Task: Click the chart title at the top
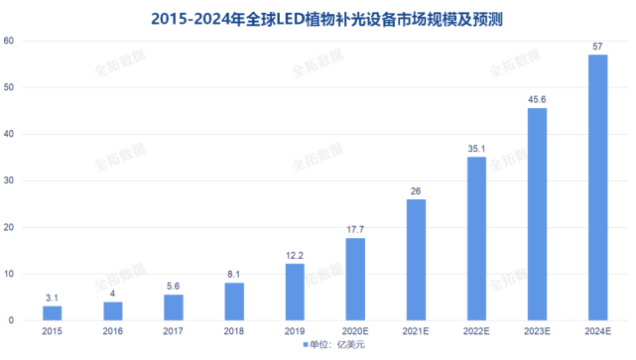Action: click(x=318, y=18)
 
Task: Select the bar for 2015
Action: click(x=53, y=313)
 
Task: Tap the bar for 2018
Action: click(x=233, y=301)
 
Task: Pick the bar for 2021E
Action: click(x=416, y=260)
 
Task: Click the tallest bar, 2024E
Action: click(x=597, y=187)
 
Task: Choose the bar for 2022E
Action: click(x=476, y=239)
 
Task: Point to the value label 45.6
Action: click(x=537, y=99)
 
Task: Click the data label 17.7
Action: click(x=355, y=229)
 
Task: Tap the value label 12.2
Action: click(x=295, y=255)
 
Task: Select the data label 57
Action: click(x=597, y=46)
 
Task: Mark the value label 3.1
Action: click(x=53, y=298)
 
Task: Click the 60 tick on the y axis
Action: click(x=9, y=41)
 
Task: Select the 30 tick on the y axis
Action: click(x=9, y=180)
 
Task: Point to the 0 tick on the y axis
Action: click(x=12, y=320)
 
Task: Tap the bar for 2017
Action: click(x=174, y=307)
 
